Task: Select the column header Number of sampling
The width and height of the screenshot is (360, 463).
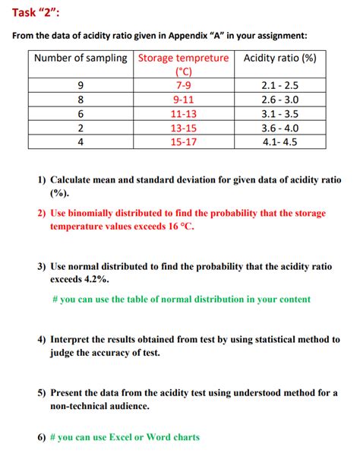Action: click(81, 59)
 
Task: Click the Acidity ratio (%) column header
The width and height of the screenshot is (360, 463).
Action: click(279, 59)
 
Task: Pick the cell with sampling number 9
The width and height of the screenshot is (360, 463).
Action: click(81, 86)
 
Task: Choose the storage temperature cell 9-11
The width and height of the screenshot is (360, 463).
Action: click(182, 100)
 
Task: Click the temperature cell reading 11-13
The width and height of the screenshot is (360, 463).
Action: click(182, 113)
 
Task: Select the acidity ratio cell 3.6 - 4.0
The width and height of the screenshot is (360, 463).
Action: click(279, 127)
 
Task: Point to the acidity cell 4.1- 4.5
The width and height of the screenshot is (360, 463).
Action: click(279, 141)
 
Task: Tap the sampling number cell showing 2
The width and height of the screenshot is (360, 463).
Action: click(81, 127)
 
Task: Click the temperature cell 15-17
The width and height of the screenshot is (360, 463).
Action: click(182, 141)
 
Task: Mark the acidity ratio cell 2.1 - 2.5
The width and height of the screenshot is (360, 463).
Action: click(279, 86)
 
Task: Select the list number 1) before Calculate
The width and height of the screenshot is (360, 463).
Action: click(42, 180)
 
